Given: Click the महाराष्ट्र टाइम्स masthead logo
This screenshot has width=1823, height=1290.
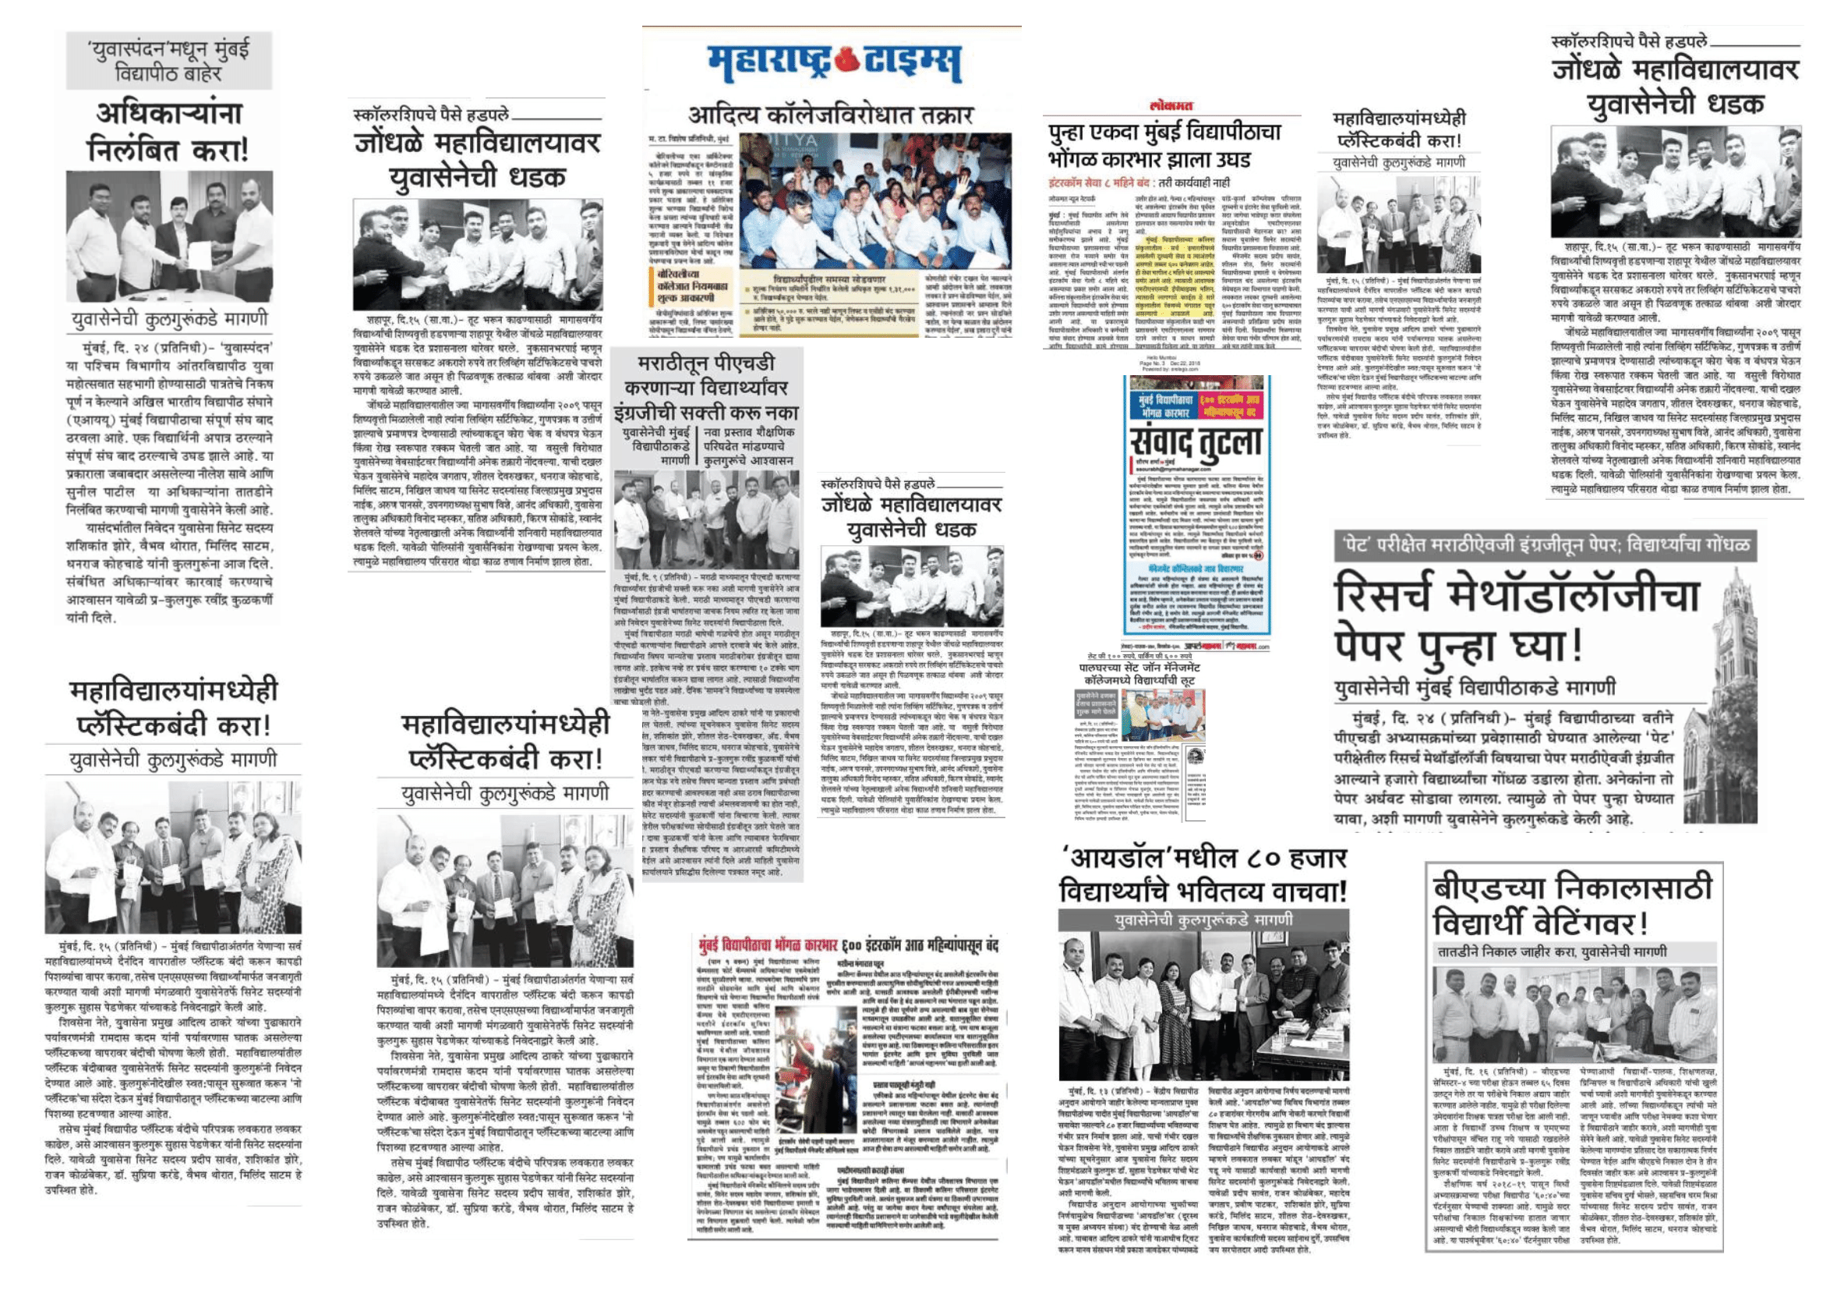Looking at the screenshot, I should click(x=834, y=63).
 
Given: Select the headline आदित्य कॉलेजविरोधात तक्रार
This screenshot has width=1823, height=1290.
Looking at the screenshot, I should click(x=830, y=116).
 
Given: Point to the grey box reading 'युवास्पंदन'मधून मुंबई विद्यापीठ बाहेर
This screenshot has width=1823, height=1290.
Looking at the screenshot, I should click(x=168, y=61).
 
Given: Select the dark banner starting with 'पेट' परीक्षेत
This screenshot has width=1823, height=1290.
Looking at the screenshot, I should click(x=1545, y=546).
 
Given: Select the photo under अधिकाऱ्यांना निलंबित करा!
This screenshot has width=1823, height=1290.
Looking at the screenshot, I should click(x=169, y=235).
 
